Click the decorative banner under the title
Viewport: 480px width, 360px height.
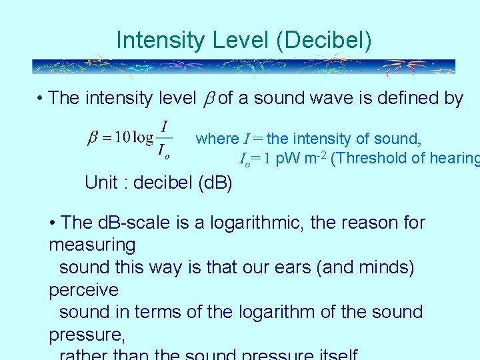(x=243, y=67)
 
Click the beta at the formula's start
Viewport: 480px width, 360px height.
(x=93, y=138)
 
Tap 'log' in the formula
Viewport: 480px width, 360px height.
(x=143, y=137)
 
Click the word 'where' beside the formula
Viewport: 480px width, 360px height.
(x=217, y=139)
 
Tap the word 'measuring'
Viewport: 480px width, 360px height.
(x=92, y=245)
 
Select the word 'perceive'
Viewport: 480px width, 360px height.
(x=83, y=290)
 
